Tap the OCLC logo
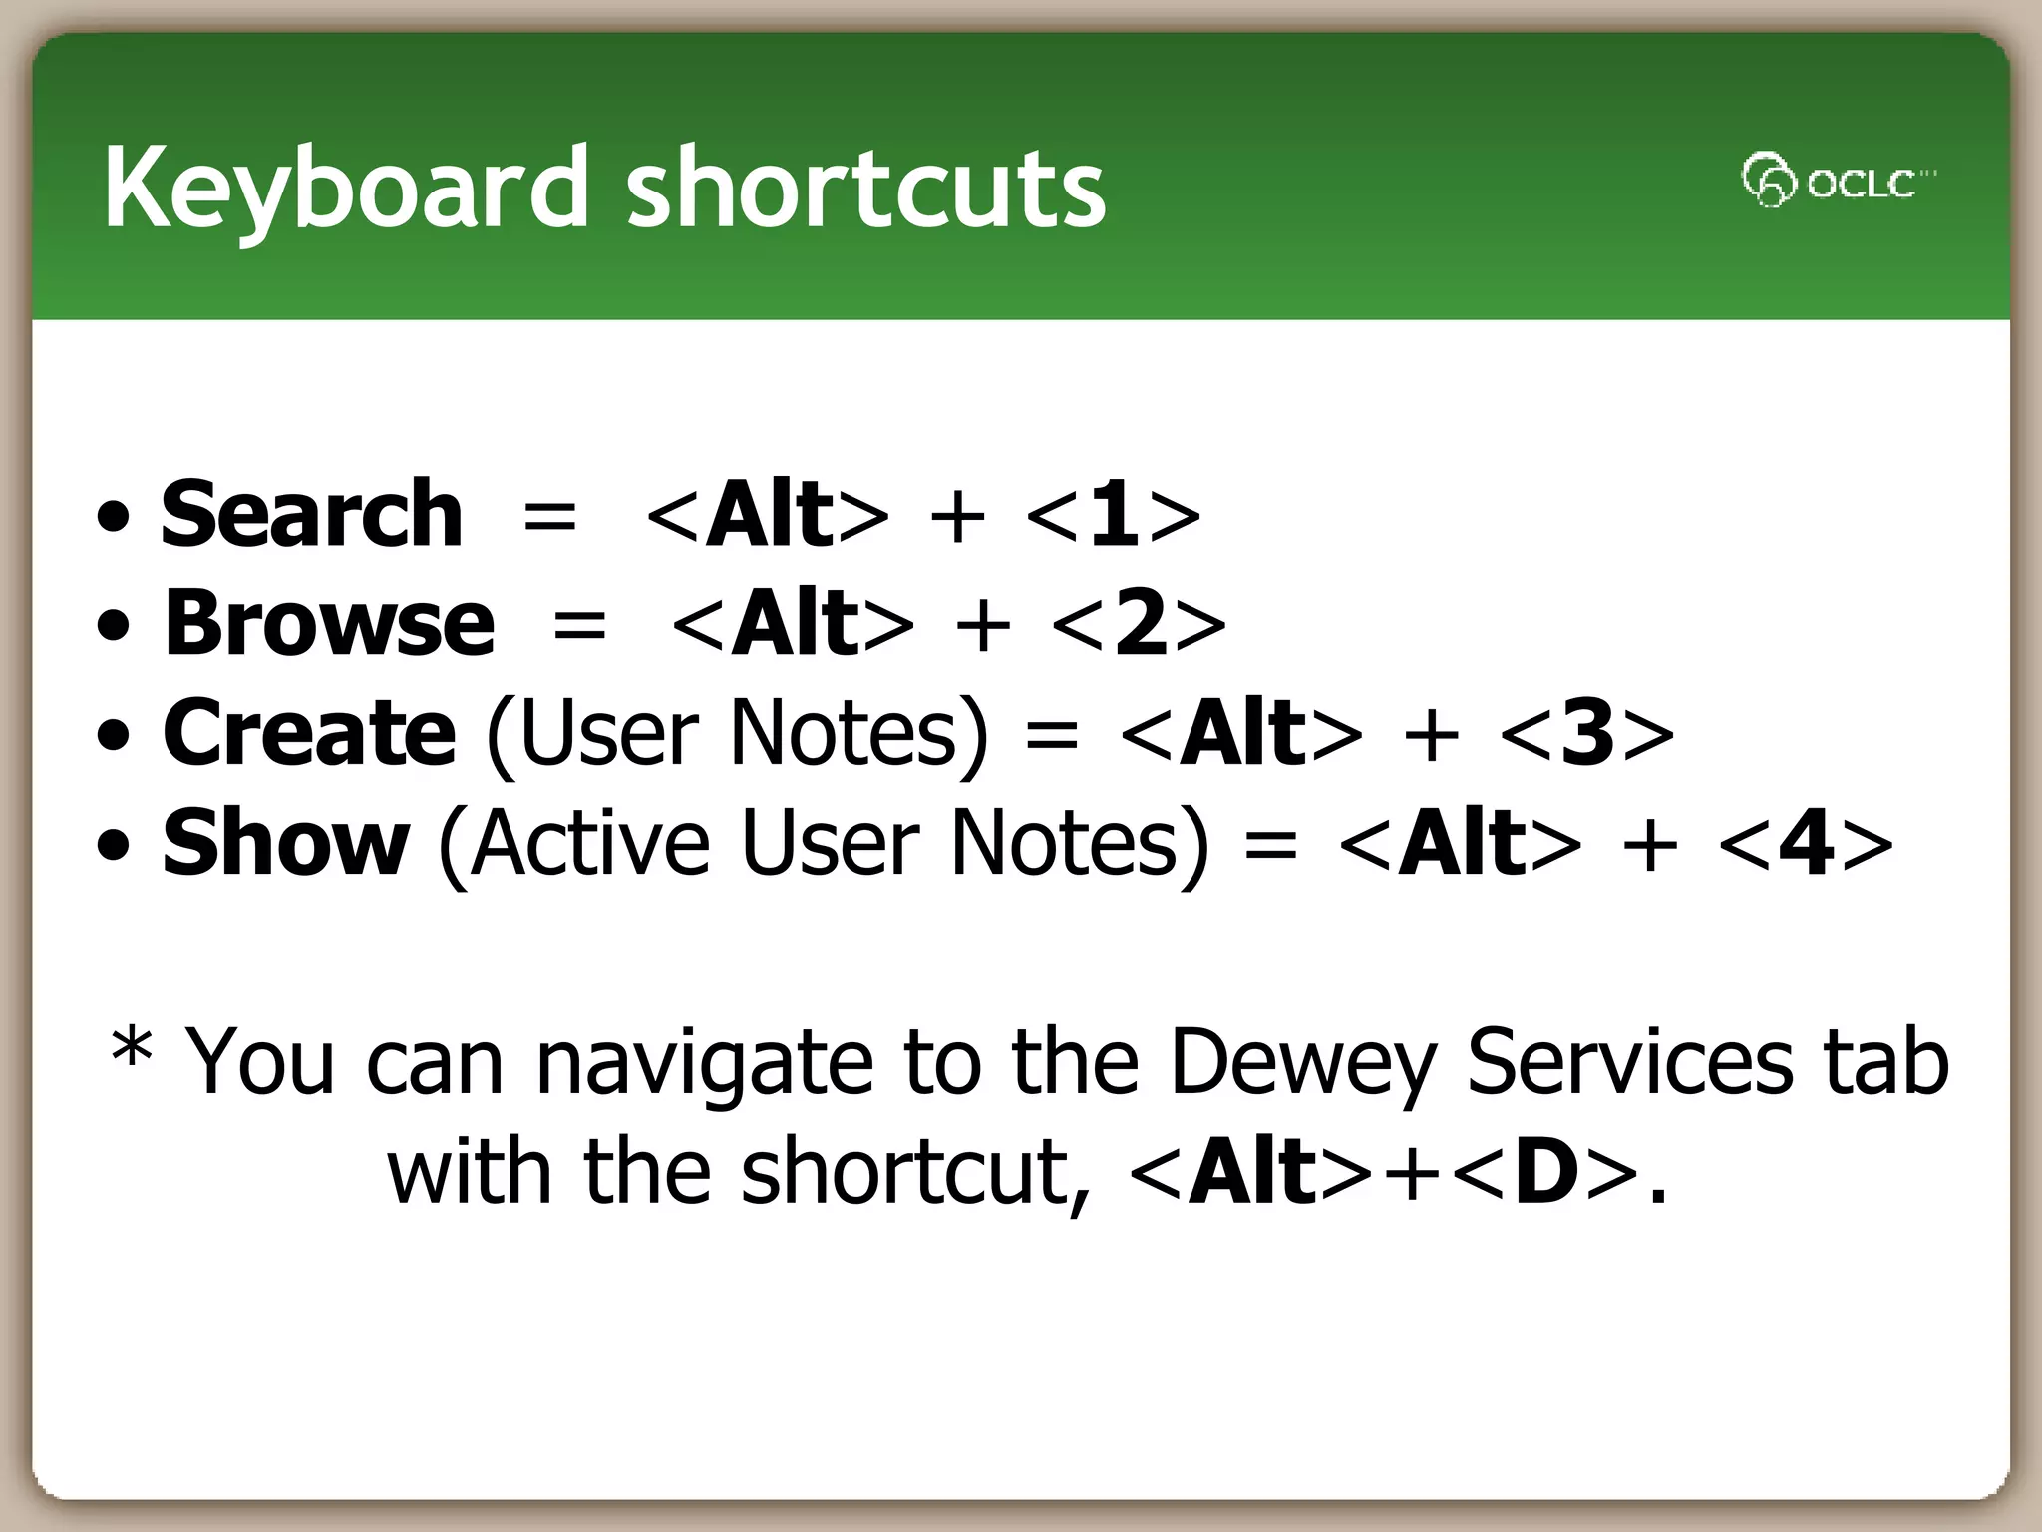(1837, 181)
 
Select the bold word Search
(311, 515)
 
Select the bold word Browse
(329, 624)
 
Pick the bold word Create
(309, 734)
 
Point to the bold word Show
(286, 844)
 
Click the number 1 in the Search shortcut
(1113, 515)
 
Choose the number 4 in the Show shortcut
(1806, 844)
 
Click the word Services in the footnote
(1629, 1063)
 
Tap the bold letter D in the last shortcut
(1546, 1173)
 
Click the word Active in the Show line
(590, 844)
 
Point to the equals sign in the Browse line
(579, 626)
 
